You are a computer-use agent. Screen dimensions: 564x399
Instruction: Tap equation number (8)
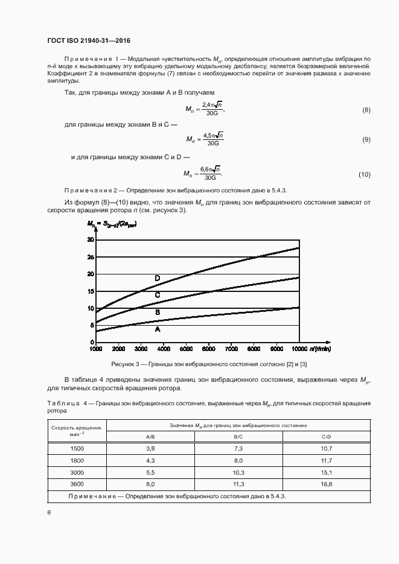click(366, 110)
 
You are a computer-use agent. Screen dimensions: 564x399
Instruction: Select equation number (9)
click(366, 139)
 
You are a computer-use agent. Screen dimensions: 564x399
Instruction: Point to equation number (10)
click(364, 174)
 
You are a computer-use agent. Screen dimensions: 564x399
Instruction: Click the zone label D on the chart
click(157, 278)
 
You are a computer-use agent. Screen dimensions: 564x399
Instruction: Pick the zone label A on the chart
click(157, 329)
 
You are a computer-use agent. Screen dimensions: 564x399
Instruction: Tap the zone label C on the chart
click(157, 295)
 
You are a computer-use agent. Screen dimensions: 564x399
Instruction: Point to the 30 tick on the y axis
click(91, 239)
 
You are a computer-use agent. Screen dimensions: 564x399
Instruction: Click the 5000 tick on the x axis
click(185, 349)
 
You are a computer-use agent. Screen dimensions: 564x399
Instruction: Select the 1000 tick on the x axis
click(95, 349)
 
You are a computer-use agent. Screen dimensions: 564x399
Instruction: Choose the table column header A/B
click(151, 437)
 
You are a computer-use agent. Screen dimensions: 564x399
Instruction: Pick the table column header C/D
click(326, 437)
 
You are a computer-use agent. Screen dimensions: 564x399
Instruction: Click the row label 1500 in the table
click(77, 449)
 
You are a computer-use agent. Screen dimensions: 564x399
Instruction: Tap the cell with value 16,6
click(326, 484)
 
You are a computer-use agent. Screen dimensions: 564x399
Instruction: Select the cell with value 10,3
click(238, 472)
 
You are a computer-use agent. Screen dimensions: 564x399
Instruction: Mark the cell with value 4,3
click(151, 460)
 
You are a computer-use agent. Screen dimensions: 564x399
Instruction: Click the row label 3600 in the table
click(77, 484)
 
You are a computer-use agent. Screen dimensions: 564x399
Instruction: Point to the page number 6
click(49, 512)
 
